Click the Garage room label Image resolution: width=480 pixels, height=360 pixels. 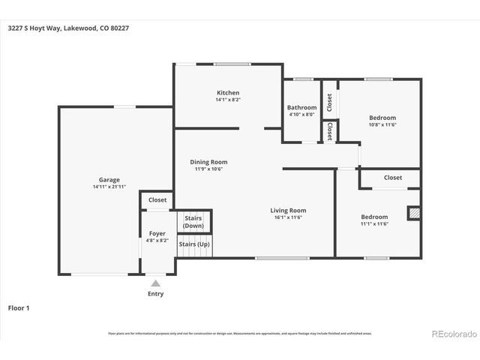(109, 180)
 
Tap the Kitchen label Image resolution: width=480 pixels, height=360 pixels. (228, 91)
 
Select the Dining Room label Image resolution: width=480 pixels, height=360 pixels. (208, 161)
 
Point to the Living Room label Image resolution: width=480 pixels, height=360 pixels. (289, 211)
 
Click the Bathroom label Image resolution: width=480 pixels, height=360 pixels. (302, 107)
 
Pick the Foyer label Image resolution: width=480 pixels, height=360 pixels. (157, 234)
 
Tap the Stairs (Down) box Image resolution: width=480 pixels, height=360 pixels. (193, 222)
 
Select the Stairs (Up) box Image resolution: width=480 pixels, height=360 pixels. (193, 245)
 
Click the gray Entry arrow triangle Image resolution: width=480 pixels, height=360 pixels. (155, 283)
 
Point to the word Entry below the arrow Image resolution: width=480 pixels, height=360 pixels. (155, 294)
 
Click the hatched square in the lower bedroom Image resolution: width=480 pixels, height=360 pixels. (413, 214)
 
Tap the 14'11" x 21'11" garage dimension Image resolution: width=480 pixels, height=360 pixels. (109, 187)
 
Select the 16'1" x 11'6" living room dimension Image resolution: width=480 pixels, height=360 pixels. (289, 218)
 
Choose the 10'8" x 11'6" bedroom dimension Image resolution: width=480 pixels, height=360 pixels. (382, 124)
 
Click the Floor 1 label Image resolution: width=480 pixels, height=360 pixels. (19, 307)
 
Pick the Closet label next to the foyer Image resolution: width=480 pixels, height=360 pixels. (157, 200)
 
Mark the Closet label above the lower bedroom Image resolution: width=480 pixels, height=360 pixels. (393, 178)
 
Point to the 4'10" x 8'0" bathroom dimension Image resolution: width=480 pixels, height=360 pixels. (302, 115)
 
